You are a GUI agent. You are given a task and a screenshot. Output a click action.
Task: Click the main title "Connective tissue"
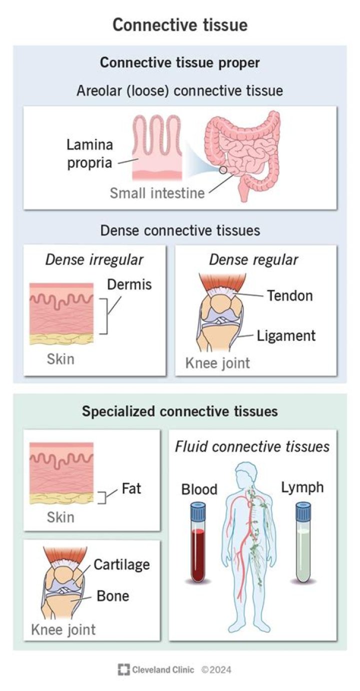pyautogui.click(x=179, y=25)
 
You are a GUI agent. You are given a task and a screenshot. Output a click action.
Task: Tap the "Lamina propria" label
pyautogui.click(x=90, y=154)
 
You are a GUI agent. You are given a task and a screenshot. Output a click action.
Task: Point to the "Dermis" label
pyautogui.click(x=129, y=284)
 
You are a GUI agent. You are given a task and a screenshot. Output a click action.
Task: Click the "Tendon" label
pyautogui.click(x=289, y=295)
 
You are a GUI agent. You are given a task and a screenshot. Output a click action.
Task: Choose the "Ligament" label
pyautogui.click(x=286, y=335)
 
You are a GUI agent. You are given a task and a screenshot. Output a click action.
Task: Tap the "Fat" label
pyautogui.click(x=131, y=487)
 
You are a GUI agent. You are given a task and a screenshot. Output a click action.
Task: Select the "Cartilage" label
pyautogui.click(x=121, y=565)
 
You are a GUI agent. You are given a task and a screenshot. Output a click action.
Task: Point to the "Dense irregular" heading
pyautogui.click(x=94, y=259)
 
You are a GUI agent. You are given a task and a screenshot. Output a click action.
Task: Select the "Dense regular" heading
pyautogui.click(x=253, y=259)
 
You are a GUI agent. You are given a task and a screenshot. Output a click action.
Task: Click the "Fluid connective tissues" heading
pyautogui.click(x=252, y=446)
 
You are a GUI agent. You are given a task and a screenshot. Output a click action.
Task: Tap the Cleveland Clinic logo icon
pyautogui.click(x=123, y=669)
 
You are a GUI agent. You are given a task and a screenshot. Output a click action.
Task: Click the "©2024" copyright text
pyautogui.click(x=216, y=669)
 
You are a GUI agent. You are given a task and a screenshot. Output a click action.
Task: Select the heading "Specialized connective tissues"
pyautogui.click(x=179, y=411)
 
